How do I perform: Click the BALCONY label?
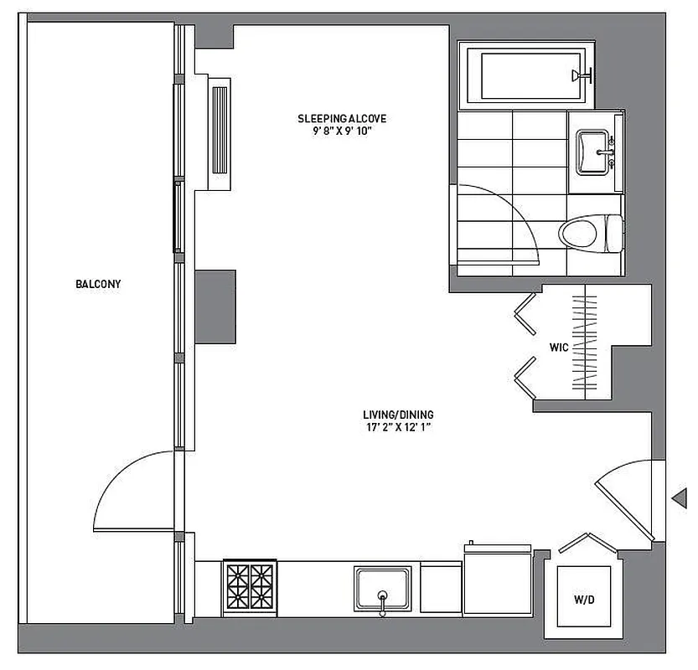(x=98, y=284)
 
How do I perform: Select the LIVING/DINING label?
(x=398, y=415)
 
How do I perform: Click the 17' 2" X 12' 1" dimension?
(x=398, y=427)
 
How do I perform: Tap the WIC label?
(x=559, y=346)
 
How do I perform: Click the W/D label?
(x=584, y=600)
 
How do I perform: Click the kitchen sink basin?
(x=383, y=588)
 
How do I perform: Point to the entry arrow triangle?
(x=680, y=500)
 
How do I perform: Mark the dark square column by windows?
(x=215, y=307)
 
